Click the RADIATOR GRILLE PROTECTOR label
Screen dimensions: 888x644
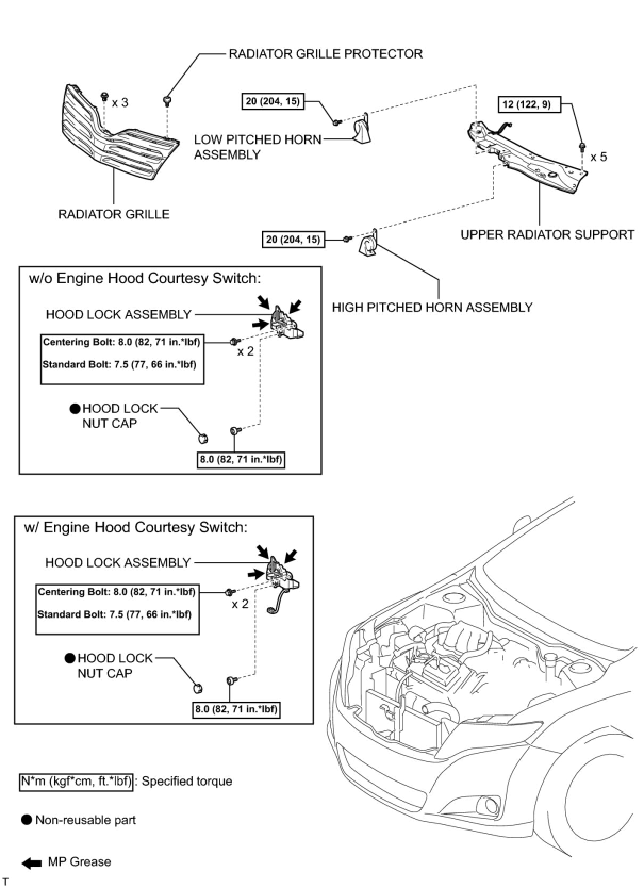325,54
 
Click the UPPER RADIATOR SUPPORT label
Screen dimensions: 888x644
547,234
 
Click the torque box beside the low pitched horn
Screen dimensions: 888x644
273,101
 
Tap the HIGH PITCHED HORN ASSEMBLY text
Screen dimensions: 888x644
432,307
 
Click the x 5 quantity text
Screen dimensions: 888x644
598,157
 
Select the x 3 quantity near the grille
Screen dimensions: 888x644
120,102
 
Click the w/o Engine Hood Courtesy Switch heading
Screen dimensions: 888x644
145,278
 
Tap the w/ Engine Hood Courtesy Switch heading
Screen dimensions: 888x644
136,527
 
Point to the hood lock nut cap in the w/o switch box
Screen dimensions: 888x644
202,438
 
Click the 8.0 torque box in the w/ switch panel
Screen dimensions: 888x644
236,709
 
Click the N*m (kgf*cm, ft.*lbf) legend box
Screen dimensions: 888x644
76,781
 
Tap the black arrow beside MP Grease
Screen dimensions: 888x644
32,863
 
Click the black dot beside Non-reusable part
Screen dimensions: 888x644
27,820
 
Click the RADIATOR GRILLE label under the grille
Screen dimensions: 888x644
113,214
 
